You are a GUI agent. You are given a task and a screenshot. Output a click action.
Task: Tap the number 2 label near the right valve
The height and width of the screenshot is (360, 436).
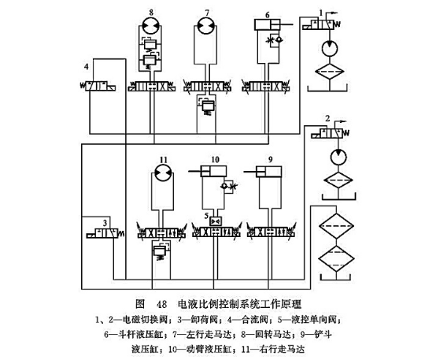click(x=327, y=120)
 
